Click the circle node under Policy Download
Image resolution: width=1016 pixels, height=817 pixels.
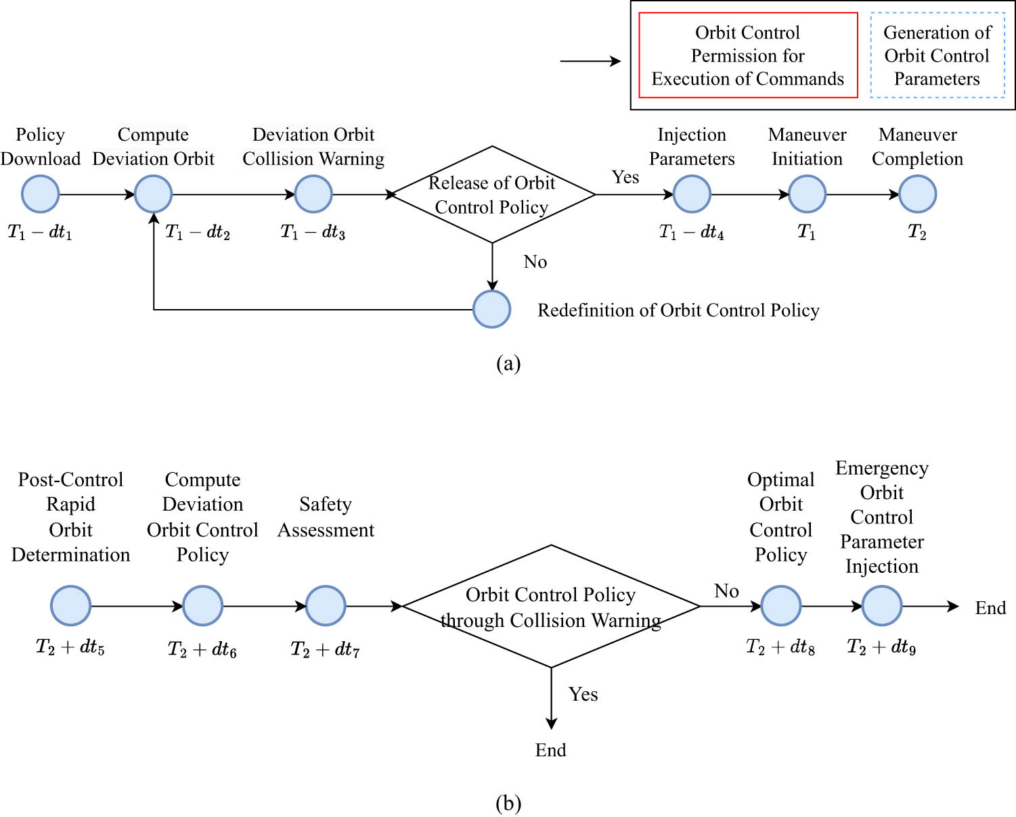[41, 194]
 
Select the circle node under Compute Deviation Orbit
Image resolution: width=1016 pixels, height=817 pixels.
[154, 194]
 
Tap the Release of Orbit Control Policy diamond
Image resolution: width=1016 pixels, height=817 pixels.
[492, 195]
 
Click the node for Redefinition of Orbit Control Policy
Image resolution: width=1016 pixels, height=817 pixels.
[491, 309]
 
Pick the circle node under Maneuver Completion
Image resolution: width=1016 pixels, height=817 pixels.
[917, 194]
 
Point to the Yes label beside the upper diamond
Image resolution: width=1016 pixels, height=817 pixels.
[625, 177]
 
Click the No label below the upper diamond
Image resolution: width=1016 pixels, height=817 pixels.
[535, 262]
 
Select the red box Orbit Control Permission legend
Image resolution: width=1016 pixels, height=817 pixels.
[748, 55]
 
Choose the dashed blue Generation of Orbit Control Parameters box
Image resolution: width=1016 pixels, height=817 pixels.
[937, 55]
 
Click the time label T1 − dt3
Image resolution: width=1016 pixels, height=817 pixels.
[313, 233]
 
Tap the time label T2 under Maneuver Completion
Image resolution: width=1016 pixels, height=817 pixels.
[916, 233]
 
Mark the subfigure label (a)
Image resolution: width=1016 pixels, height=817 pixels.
[508, 364]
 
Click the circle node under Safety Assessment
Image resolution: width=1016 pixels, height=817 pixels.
[326, 606]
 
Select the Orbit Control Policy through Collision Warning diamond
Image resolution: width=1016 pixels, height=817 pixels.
[551, 607]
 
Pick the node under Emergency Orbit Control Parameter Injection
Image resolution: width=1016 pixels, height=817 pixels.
[881, 606]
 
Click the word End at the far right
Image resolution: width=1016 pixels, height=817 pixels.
[990, 608]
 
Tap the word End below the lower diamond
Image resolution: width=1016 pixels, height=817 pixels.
[550, 750]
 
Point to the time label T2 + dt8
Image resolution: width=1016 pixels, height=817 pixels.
[780, 647]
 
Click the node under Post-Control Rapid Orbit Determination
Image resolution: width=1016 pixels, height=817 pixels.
[70, 606]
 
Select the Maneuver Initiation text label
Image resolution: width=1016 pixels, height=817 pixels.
[807, 147]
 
